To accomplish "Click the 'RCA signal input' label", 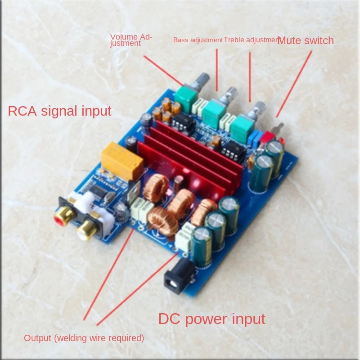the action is click(x=59, y=111).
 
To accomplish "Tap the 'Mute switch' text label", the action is click(x=306, y=40).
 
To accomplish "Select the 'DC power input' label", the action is click(x=211, y=319).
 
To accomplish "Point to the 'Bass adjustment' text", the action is click(x=198, y=40).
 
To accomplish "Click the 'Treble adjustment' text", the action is click(x=251, y=40).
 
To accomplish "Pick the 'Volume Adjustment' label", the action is click(x=131, y=40).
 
